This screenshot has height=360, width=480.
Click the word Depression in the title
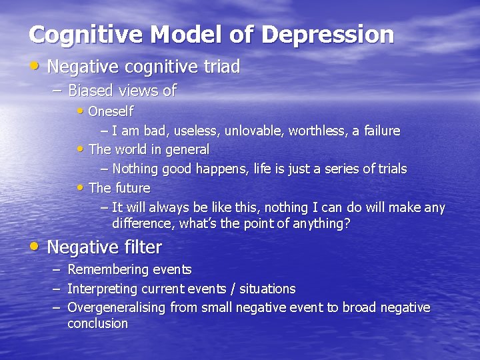click(327, 35)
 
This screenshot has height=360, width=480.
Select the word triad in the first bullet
click(218, 67)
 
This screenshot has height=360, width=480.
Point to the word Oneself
click(111, 111)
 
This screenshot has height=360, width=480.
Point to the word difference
click(141, 223)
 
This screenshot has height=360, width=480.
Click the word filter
click(142, 247)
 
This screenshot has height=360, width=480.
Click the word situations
click(267, 289)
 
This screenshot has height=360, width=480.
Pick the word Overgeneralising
click(117, 307)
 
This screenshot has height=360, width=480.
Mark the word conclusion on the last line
click(97, 323)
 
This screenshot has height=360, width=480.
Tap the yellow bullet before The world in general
click(81, 149)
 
